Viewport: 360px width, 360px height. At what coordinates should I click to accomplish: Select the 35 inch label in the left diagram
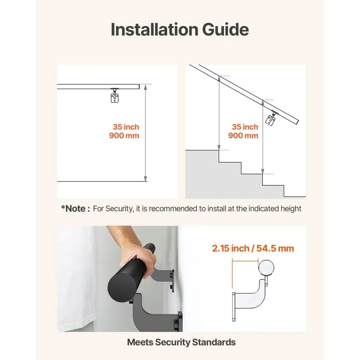(126, 127)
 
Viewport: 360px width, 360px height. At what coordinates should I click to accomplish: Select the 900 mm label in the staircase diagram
(243, 136)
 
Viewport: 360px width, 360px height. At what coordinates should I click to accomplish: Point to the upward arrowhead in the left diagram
(145, 87)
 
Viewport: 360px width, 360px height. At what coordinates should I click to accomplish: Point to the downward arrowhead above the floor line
(145, 179)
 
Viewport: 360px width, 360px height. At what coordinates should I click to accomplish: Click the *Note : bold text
(75, 208)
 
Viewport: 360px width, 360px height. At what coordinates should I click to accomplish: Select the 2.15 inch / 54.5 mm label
(253, 248)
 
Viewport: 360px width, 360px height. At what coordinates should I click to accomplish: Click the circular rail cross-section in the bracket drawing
(266, 267)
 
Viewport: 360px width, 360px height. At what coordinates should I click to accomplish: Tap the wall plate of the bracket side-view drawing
(234, 306)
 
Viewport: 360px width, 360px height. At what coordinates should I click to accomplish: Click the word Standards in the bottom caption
(214, 342)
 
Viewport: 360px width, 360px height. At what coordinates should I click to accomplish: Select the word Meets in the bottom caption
(140, 342)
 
